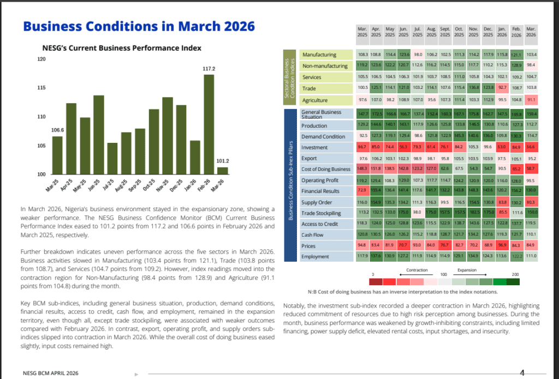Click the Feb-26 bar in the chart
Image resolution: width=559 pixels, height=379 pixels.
209,124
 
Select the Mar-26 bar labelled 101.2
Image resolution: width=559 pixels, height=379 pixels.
223,171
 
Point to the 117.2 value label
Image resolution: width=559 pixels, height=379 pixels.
209,69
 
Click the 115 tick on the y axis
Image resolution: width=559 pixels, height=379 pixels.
42,88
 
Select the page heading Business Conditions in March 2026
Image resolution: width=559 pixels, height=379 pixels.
139,26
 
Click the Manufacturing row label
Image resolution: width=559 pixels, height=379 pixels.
319,55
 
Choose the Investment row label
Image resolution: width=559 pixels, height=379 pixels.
314,147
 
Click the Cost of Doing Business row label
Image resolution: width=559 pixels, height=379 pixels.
326,169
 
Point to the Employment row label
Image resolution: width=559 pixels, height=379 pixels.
316,256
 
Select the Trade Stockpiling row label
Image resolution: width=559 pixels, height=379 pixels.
323,213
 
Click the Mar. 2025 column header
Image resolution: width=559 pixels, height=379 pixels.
362,31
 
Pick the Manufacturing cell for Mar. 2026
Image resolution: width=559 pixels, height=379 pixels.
531,55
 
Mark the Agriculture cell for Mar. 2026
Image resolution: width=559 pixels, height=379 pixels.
531,100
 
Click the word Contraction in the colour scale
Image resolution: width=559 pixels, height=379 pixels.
417,270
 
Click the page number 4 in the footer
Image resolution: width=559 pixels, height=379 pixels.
522,373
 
